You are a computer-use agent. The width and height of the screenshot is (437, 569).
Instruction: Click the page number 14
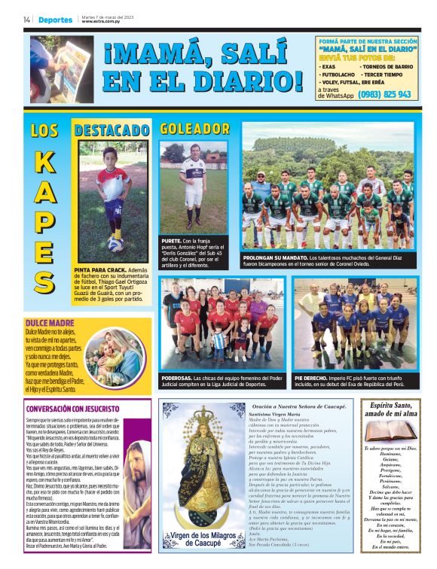[x=27, y=20]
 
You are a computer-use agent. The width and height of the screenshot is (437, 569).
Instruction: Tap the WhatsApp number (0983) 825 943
[x=385, y=95]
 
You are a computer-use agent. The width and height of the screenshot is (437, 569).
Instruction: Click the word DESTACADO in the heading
[x=112, y=130]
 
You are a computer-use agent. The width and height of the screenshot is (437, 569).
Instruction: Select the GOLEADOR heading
[x=194, y=129]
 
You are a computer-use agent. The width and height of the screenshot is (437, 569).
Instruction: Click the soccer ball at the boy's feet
[x=115, y=243]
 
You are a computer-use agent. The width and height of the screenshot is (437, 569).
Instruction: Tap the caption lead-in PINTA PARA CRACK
[x=94, y=269]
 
